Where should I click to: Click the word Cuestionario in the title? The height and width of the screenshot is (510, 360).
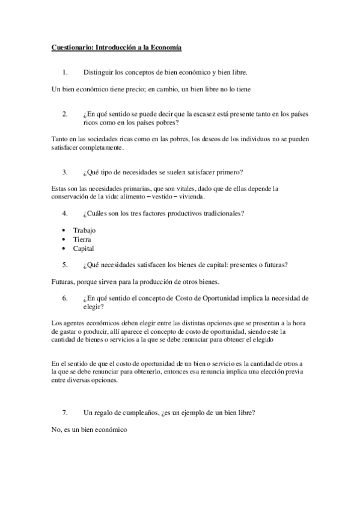(x=71, y=47)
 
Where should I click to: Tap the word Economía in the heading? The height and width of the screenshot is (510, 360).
(x=164, y=47)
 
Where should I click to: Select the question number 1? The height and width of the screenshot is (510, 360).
(x=64, y=73)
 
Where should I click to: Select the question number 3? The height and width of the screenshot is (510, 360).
(x=64, y=172)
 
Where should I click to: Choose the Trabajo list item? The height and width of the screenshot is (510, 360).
(x=84, y=230)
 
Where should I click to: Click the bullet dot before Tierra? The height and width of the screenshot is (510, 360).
(x=64, y=239)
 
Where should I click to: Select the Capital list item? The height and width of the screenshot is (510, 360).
(x=84, y=248)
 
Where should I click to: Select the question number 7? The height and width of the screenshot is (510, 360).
(x=64, y=413)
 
